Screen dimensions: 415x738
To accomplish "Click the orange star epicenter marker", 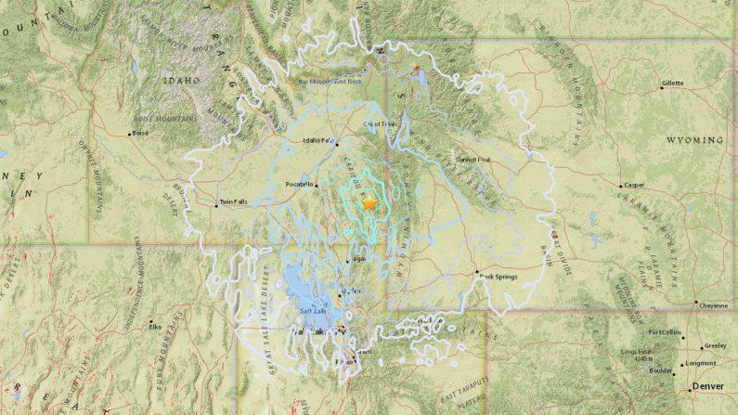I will pyautogui.click(x=369, y=201).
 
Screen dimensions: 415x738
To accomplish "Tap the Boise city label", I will pyautogui.click(x=140, y=133).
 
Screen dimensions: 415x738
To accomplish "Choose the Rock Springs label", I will pyautogui.click(x=498, y=276).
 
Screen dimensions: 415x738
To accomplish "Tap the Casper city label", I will pyautogui.click(x=636, y=185).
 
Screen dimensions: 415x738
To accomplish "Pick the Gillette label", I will pyautogui.click(x=672, y=84).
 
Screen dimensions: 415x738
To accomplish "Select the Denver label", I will pyautogui.click(x=708, y=385).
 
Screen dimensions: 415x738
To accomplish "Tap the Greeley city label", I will pyautogui.click(x=715, y=344).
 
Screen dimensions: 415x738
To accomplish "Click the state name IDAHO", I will pyautogui.click(x=182, y=81).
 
